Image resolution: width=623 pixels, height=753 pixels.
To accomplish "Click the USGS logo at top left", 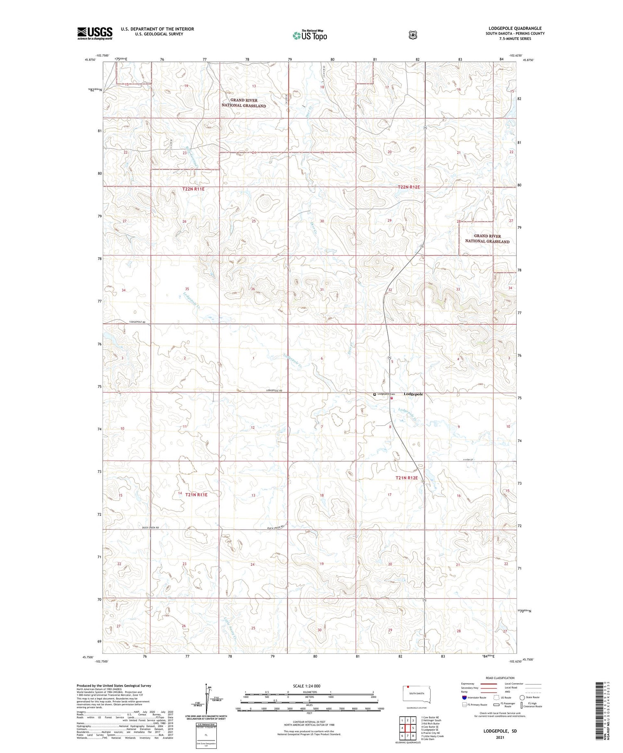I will coord(95,33).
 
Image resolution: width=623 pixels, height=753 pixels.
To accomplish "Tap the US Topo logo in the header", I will coord(309,36).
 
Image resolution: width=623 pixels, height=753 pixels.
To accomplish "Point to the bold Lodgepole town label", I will coord(413,394).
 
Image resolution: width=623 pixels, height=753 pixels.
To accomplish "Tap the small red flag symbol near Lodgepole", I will coord(392,398).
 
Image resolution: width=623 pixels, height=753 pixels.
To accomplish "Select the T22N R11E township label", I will coord(194,189).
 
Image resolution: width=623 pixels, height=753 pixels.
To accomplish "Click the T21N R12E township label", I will coord(407,478).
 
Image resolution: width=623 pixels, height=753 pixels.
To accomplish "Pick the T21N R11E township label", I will coord(196,495).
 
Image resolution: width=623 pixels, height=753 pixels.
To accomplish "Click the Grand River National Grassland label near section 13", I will coord(244,103).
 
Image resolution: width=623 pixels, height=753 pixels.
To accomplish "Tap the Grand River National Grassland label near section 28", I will coord(487,239).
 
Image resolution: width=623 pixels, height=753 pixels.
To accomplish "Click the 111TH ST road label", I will coord(468,459).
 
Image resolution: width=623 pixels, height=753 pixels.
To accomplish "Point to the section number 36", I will coord(253,289).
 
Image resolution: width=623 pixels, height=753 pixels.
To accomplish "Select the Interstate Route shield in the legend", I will coord(464,697).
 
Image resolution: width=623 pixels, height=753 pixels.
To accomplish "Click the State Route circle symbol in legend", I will coord(522,697).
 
